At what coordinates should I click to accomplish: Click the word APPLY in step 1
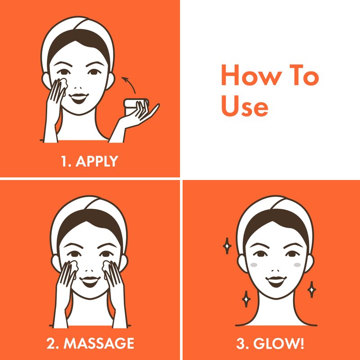97,161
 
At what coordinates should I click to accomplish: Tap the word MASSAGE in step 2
99,343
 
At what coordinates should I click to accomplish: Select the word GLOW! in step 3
279,343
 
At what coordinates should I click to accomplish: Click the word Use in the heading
244,106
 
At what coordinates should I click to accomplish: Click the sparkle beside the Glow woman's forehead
227,246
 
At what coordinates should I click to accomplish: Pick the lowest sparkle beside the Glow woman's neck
246,299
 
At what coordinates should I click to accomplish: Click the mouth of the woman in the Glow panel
276,282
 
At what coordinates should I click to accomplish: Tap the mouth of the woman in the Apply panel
79,98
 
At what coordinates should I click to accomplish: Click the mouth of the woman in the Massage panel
90,282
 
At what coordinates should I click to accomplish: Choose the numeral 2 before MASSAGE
51,343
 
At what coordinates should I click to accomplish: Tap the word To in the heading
304,75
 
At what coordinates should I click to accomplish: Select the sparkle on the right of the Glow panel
311,289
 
